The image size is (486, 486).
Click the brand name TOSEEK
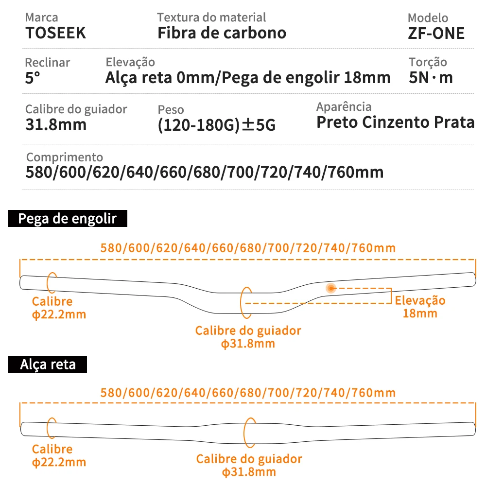tap(55, 33)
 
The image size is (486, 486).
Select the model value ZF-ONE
tap(436, 33)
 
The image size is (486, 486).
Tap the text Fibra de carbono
tap(222, 33)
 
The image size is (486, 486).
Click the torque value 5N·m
tap(431, 78)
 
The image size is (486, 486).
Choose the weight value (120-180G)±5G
tap(217, 125)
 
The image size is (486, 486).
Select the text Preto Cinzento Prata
tap(395, 122)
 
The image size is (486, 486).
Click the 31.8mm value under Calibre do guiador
tap(56, 124)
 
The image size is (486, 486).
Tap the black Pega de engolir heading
tap(68, 219)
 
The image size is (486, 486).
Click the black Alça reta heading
tap(48, 364)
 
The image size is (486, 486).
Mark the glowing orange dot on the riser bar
tap(331, 288)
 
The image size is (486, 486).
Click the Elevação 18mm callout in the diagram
tap(420, 307)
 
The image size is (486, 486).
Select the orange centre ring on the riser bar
tap(246, 301)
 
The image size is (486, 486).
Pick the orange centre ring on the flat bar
tap(250, 432)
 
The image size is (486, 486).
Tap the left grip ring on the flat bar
tap(51, 428)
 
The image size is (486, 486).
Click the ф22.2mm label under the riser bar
tap(59, 314)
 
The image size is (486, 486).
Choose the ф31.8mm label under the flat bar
tap(249, 472)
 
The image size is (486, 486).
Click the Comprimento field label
tap(64, 157)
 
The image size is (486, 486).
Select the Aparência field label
tap(344, 106)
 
